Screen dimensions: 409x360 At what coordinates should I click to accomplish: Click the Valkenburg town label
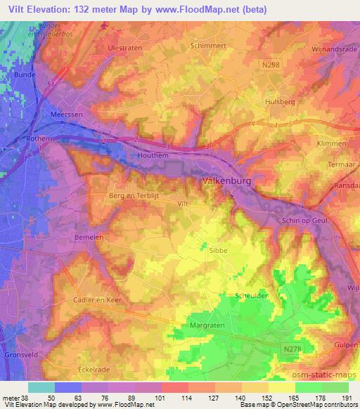click(221, 181)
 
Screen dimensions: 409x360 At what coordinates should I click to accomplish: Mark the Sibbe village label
click(217, 248)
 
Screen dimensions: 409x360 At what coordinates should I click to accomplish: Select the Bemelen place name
click(89, 238)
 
